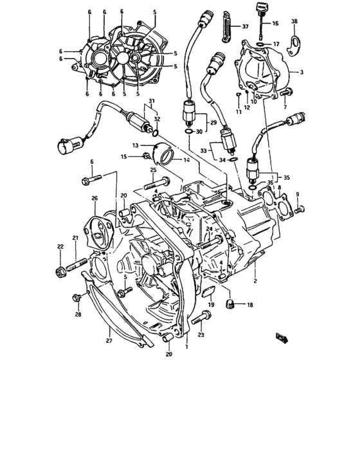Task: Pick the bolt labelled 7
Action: click(x=285, y=94)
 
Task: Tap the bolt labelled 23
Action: click(x=204, y=316)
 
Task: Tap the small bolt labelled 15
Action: click(x=147, y=156)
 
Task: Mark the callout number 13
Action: click(x=136, y=146)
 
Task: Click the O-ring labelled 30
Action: click(x=186, y=132)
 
